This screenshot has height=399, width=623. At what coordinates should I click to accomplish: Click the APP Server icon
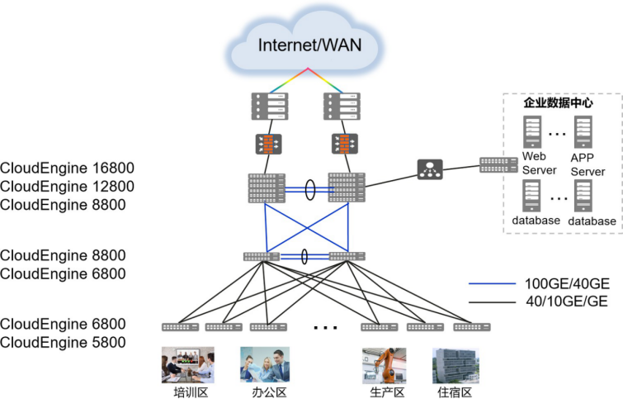(584, 131)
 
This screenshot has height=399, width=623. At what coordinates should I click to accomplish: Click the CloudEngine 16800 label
(68, 169)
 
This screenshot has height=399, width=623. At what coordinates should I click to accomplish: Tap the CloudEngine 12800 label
(68, 187)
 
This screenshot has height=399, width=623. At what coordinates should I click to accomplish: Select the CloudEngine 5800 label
(64, 340)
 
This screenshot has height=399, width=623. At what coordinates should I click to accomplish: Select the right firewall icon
(345, 144)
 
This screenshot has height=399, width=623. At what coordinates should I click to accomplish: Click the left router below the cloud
(269, 105)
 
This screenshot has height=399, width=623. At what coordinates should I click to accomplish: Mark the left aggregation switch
(262, 256)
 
